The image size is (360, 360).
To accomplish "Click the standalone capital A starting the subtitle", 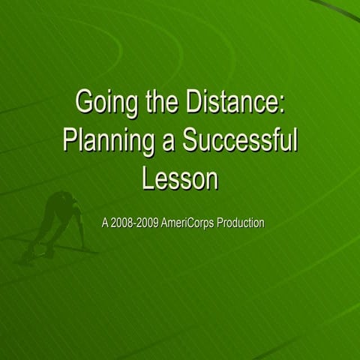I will [104, 223].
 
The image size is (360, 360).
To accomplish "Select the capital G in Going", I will [85, 102].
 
